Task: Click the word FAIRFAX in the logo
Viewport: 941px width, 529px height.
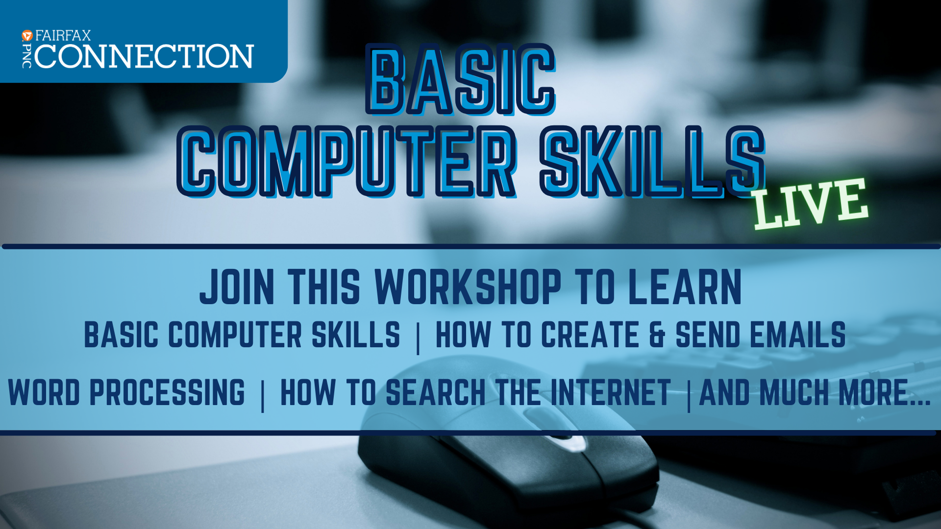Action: pos(63,36)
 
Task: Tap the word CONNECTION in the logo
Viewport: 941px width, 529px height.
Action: pos(144,56)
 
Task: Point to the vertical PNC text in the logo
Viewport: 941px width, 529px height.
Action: pos(27,56)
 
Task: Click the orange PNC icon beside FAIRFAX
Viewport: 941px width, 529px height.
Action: pos(27,35)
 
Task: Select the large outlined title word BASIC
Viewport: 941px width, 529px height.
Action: pos(461,80)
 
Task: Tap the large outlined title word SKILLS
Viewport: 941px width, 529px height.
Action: pos(652,162)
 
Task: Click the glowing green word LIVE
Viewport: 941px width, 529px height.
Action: pos(811,203)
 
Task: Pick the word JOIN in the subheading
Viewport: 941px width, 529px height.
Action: pos(237,287)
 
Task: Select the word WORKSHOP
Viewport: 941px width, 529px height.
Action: pos(468,287)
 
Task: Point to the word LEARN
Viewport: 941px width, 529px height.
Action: pos(685,287)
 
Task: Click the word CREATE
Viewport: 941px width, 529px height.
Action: pos(590,335)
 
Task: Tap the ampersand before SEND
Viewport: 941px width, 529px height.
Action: pos(657,335)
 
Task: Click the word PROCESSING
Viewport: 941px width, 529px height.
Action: pos(167,392)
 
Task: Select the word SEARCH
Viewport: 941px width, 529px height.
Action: pos(436,392)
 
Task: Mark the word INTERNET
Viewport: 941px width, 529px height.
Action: pos(611,392)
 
